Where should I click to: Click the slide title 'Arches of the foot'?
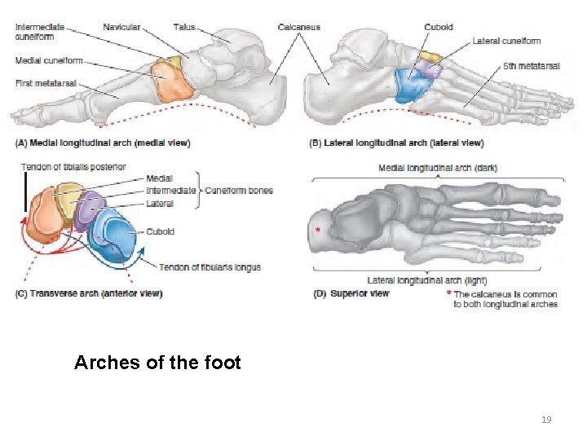157,363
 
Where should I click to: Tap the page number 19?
545,420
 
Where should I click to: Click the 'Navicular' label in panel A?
121,27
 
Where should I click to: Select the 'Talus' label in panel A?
184,27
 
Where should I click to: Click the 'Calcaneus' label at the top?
300,27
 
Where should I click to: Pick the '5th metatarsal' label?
531,66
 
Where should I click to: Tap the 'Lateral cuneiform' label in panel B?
506,41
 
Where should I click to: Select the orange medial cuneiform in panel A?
170,81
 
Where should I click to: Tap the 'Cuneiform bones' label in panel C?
238,191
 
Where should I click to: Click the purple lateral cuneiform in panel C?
89,209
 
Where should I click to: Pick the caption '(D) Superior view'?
351,293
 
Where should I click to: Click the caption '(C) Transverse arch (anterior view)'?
88,293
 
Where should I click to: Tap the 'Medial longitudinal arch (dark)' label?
438,168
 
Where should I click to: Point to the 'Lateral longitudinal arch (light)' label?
427,280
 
